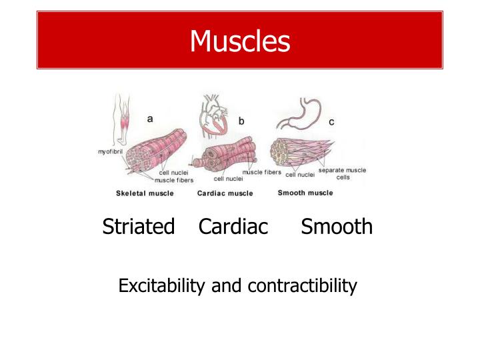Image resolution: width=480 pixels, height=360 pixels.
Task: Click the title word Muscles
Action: (240, 41)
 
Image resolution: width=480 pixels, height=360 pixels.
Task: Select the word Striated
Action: (139, 227)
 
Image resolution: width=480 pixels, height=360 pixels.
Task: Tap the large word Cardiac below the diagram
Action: (233, 227)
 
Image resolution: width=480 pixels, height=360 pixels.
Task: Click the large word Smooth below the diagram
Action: (337, 227)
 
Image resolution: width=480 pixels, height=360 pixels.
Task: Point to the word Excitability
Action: (162, 286)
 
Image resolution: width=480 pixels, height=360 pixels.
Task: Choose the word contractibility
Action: (302, 286)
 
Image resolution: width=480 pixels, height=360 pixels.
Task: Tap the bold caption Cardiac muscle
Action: (225, 193)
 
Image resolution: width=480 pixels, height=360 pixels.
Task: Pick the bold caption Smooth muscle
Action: (305, 193)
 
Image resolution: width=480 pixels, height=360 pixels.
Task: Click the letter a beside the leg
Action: (150, 119)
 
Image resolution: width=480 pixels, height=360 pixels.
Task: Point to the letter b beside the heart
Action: (241, 121)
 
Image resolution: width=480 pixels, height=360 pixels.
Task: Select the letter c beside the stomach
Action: (331, 122)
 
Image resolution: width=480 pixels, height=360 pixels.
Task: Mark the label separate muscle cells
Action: (342, 173)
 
